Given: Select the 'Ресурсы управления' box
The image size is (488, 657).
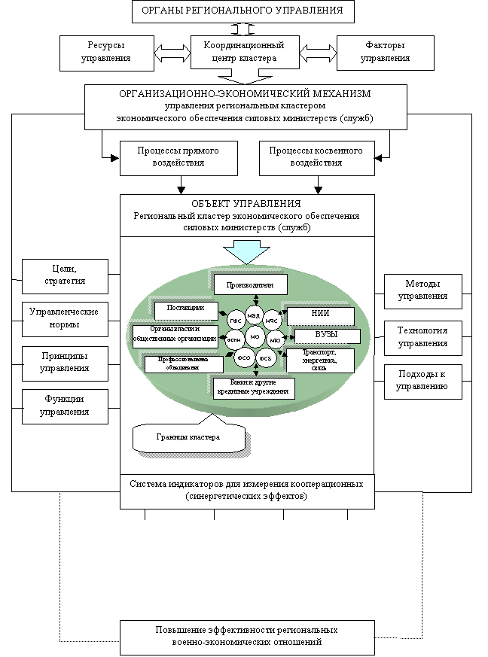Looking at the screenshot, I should tap(105, 52).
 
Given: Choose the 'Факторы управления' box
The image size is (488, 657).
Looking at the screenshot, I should tap(384, 52).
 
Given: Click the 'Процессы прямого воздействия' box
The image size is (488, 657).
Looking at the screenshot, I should tap(178, 157).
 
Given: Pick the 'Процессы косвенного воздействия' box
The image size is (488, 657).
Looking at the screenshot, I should tap(316, 157).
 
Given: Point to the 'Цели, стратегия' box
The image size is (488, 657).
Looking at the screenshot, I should tap(65, 275).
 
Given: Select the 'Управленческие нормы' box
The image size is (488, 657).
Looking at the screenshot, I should tap(65, 319).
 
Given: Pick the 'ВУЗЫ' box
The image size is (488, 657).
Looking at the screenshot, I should tap(326, 336).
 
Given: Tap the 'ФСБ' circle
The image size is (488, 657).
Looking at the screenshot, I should tap(266, 359).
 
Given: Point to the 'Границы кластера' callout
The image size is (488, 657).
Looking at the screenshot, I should tap(188, 437).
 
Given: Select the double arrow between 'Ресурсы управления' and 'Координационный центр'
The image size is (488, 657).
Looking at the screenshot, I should tap(172, 53).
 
